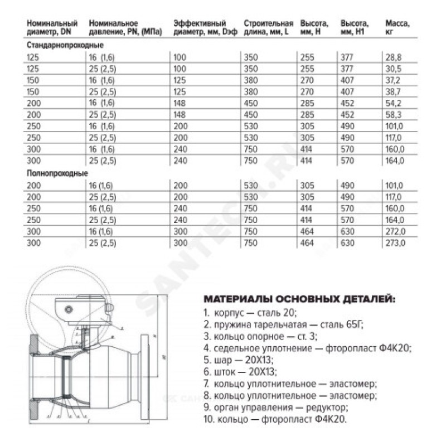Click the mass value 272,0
(x=394, y=232)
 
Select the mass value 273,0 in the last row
(x=394, y=243)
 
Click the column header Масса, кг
(x=397, y=28)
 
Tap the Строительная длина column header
(x=268, y=28)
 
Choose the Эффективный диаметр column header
(x=201, y=28)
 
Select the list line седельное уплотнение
(x=307, y=348)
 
